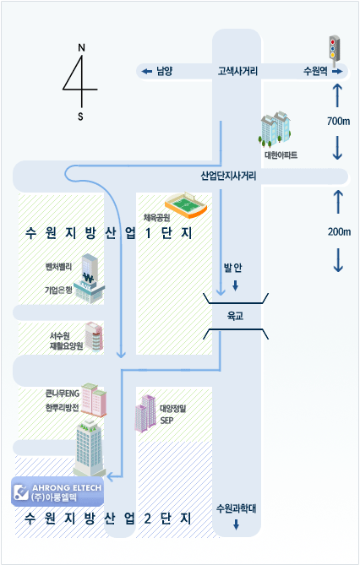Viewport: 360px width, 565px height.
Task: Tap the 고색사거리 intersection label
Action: click(x=237, y=71)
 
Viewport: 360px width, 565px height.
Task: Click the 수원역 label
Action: click(x=315, y=71)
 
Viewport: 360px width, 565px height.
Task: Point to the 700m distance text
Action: click(x=338, y=121)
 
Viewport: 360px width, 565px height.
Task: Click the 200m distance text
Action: click(x=339, y=231)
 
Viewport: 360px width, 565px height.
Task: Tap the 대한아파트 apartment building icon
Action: click(x=275, y=129)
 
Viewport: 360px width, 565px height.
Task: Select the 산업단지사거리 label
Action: click(x=228, y=177)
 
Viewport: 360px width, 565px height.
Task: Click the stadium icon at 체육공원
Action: click(x=186, y=205)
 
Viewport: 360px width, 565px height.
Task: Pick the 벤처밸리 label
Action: click(x=58, y=267)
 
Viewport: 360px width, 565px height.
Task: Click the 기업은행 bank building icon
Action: click(x=89, y=278)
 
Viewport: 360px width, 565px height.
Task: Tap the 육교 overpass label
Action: click(x=235, y=316)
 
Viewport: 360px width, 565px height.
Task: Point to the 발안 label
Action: click(x=232, y=268)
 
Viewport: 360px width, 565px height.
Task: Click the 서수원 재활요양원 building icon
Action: click(x=94, y=336)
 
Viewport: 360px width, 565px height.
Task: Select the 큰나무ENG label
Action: click(x=62, y=394)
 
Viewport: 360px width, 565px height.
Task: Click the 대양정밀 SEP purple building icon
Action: click(x=145, y=413)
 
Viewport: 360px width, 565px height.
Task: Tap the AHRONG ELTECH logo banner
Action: click(x=57, y=492)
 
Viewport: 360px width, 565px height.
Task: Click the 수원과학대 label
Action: click(x=236, y=508)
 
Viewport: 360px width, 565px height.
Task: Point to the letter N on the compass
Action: click(x=81, y=48)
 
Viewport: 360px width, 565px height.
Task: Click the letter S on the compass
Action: click(x=80, y=117)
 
